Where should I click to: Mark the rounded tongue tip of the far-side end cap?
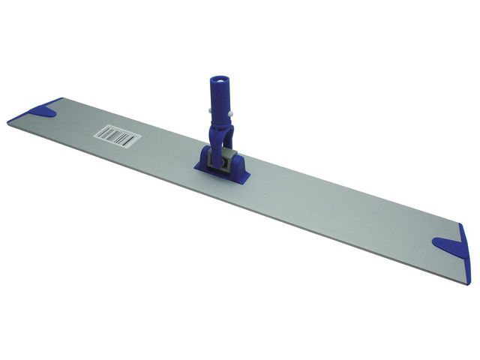[x=437, y=243]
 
